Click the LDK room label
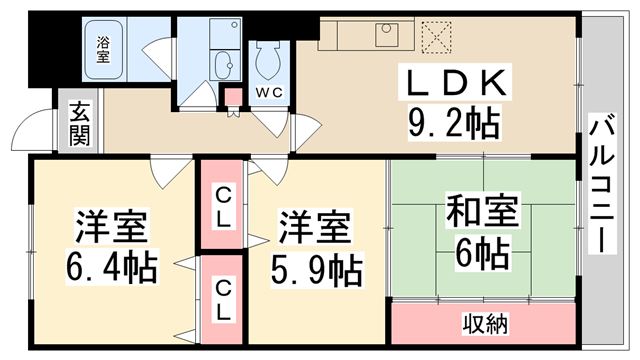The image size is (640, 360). (x=455, y=84)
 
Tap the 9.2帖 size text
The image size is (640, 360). (x=453, y=124)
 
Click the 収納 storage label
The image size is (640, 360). (x=484, y=323)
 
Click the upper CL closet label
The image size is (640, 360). (x=224, y=210)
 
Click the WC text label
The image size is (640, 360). (x=269, y=93)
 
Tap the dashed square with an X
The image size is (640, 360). (x=437, y=37)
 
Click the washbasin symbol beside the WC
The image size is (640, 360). (x=222, y=63)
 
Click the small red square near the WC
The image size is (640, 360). (x=233, y=98)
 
